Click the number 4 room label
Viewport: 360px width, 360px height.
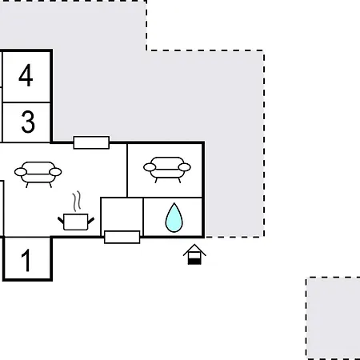[x=26, y=75]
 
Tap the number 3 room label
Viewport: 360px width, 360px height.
[x=28, y=122]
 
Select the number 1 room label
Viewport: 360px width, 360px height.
[x=26, y=260]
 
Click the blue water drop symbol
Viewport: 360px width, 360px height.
[x=174, y=218]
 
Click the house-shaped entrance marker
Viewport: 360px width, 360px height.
[x=194, y=254]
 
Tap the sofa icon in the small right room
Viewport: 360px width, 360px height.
[x=167, y=170]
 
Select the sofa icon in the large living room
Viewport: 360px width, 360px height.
[x=38, y=174]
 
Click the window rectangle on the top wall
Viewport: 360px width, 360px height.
[x=91, y=142]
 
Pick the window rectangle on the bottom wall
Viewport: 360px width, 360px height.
[x=122, y=237]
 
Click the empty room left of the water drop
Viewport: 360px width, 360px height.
[x=122, y=214]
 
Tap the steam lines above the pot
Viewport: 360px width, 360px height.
[x=77, y=202]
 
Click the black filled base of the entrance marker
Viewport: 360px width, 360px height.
[x=194, y=262]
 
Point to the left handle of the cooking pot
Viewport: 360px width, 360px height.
[x=61, y=220]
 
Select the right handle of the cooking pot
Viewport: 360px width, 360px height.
[x=91, y=221]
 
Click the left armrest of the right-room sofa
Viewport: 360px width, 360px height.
[x=150, y=167]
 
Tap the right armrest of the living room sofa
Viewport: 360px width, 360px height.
[x=55, y=172]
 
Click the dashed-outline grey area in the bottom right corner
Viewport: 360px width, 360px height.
[x=333, y=318]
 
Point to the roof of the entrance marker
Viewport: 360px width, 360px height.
[x=194, y=250]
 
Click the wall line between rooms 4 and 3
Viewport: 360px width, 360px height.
[x=26, y=102]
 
